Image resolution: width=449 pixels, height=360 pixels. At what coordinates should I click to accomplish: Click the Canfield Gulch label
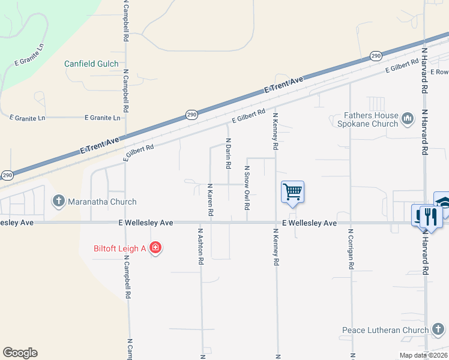pyautogui.click(x=91, y=64)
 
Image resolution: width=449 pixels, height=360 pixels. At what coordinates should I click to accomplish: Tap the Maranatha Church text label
pyautogui.click(x=102, y=202)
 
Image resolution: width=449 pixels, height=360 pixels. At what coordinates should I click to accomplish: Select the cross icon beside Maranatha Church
pyautogui.click(x=59, y=201)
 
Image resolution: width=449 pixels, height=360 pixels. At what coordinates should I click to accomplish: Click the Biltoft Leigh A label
pyautogui.click(x=120, y=248)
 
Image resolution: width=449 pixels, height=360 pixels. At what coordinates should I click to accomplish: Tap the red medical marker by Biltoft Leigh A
pyautogui.click(x=155, y=247)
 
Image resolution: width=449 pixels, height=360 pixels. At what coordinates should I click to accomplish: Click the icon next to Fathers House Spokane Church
pyautogui.click(x=408, y=119)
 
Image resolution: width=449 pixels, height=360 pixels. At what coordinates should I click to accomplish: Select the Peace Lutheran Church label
pyautogui.click(x=385, y=330)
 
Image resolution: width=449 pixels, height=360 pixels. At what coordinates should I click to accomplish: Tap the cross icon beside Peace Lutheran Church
pyautogui.click(x=438, y=329)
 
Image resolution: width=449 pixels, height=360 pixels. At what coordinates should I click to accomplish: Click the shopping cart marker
pyautogui.click(x=292, y=193)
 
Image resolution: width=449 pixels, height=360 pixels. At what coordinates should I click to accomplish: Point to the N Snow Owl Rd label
pyautogui.click(x=247, y=188)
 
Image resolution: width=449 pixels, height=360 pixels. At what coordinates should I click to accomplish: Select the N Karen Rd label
pyautogui.click(x=210, y=200)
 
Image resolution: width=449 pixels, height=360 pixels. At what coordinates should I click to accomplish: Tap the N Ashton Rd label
pyautogui.click(x=201, y=245)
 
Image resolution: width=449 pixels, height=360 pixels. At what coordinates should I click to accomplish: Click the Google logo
pyautogui.click(x=20, y=353)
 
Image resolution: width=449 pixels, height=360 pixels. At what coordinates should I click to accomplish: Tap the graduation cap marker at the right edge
pyautogui.click(x=443, y=203)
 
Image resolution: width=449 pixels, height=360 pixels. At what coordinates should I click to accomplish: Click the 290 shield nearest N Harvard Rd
pyautogui.click(x=376, y=56)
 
